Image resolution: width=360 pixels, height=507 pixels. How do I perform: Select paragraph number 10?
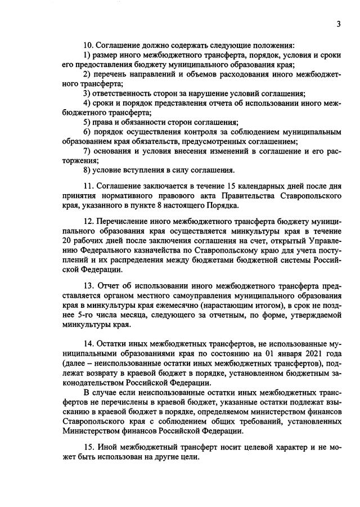(88, 45)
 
